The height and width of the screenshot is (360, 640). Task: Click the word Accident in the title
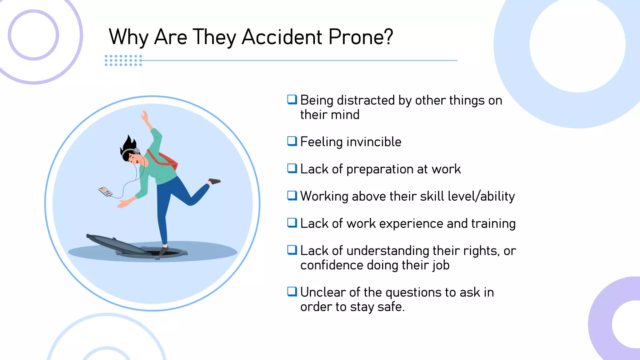pyautogui.click(x=282, y=37)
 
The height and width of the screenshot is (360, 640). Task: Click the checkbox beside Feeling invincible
pyautogui.click(x=292, y=141)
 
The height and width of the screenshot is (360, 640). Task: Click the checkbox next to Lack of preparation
pyautogui.click(x=292, y=168)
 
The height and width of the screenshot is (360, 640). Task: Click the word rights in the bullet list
pyautogui.click(x=480, y=251)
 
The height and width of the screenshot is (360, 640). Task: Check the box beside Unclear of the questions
pyautogui.click(x=292, y=292)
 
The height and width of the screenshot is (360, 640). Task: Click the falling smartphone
pyautogui.click(x=105, y=192)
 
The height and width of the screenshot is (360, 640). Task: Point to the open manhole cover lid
pyautogui.click(x=116, y=244)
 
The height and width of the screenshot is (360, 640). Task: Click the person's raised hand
pyautogui.click(x=145, y=116)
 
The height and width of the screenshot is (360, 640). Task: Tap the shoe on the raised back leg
pyautogui.click(x=214, y=181)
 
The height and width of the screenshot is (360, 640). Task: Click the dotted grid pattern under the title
pyautogui.click(x=123, y=60)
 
